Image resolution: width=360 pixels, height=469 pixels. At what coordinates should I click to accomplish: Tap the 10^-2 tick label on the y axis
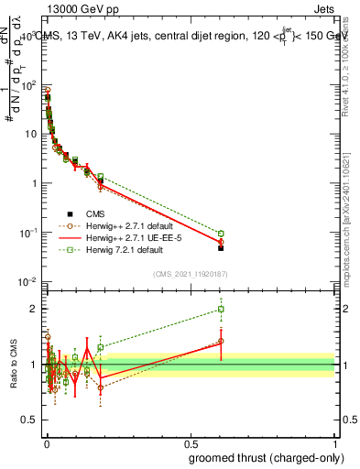point(28,281)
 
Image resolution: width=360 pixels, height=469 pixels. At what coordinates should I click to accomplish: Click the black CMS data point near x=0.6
point(221,248)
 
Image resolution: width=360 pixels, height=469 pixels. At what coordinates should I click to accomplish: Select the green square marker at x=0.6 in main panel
point(221,233)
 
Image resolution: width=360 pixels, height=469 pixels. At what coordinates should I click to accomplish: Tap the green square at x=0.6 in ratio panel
point(221,309)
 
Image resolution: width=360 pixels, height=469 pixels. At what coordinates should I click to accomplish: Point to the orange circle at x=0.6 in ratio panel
point(221,341)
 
